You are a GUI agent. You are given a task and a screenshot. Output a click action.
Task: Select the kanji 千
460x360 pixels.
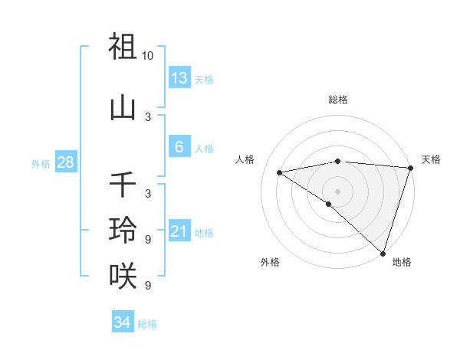coord(123,185)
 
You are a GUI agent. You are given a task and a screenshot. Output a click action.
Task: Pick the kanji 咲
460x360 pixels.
coord(123,274)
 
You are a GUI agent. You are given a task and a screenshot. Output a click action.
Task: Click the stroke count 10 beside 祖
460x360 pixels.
coord(148,56)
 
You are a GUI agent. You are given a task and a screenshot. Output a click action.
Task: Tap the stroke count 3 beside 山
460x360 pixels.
coord(148,117)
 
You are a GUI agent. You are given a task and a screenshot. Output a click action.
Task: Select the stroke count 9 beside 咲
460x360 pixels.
coord(148,286)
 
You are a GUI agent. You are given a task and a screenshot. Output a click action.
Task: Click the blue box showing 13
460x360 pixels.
coord(179,78)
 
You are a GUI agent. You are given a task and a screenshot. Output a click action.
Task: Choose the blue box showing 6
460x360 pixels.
coord(179,147)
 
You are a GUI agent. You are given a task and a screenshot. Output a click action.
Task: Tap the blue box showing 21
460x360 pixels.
coord(179,231)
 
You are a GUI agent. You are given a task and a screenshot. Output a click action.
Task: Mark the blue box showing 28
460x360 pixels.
coord(65,162)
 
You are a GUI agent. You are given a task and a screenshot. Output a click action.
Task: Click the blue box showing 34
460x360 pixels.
coord(122,322)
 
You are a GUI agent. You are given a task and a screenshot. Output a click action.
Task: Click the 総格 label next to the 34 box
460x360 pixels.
coord(147,324)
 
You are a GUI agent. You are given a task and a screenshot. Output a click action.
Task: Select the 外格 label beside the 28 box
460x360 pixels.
coord(41,163)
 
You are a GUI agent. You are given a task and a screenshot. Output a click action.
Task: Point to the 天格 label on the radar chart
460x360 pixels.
coord(431,159)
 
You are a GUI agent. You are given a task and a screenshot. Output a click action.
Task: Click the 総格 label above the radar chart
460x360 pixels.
coord(337,100)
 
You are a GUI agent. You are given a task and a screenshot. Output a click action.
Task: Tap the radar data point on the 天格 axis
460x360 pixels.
coord(410,168)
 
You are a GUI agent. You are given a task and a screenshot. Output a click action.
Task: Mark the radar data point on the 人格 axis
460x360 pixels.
coord(280,173)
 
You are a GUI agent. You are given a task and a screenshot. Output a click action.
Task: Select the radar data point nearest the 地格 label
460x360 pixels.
coord(383,253)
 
